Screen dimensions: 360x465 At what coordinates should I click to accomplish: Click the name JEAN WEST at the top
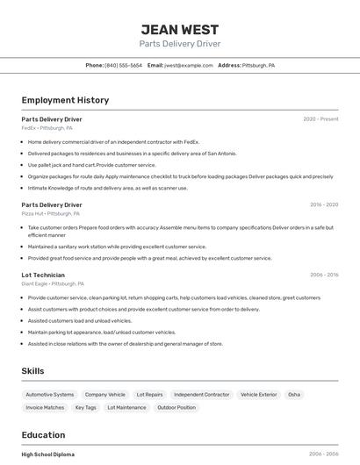[x=180, y=29]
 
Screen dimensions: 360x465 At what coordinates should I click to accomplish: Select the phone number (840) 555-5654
[x=123, y=65]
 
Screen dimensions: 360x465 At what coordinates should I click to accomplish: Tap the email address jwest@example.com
[x=189, y=65]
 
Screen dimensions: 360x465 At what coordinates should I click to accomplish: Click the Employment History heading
[x=65, y=100]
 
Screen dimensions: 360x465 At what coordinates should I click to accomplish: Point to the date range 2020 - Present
[x=320, y=119]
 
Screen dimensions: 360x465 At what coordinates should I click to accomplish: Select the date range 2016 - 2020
[x=324, y=204]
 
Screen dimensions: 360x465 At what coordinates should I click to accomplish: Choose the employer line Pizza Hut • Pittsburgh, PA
[x=51, y=213]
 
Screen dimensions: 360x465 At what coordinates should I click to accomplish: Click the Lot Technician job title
[x=43, y=275]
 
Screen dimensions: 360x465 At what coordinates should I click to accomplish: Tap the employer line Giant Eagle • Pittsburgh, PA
[x=53, y=283]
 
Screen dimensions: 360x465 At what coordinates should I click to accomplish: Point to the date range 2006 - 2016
[x=324, y=275]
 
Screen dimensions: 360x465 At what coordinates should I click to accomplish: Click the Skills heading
[x=32, y=371]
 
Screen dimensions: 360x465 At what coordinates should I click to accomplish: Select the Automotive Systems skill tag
[x=50, y=395]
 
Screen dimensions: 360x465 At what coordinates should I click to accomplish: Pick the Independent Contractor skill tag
[x=202, y=395]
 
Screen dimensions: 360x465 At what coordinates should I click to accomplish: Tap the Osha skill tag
[x=294, y=395]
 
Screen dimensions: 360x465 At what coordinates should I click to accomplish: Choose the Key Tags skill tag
[x=86, y=407]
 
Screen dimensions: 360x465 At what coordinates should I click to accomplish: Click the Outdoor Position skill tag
[x=176, y=407]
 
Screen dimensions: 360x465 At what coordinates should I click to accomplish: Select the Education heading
[x=43, y=435]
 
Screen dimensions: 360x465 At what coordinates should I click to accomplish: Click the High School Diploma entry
[x=48, y=454]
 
